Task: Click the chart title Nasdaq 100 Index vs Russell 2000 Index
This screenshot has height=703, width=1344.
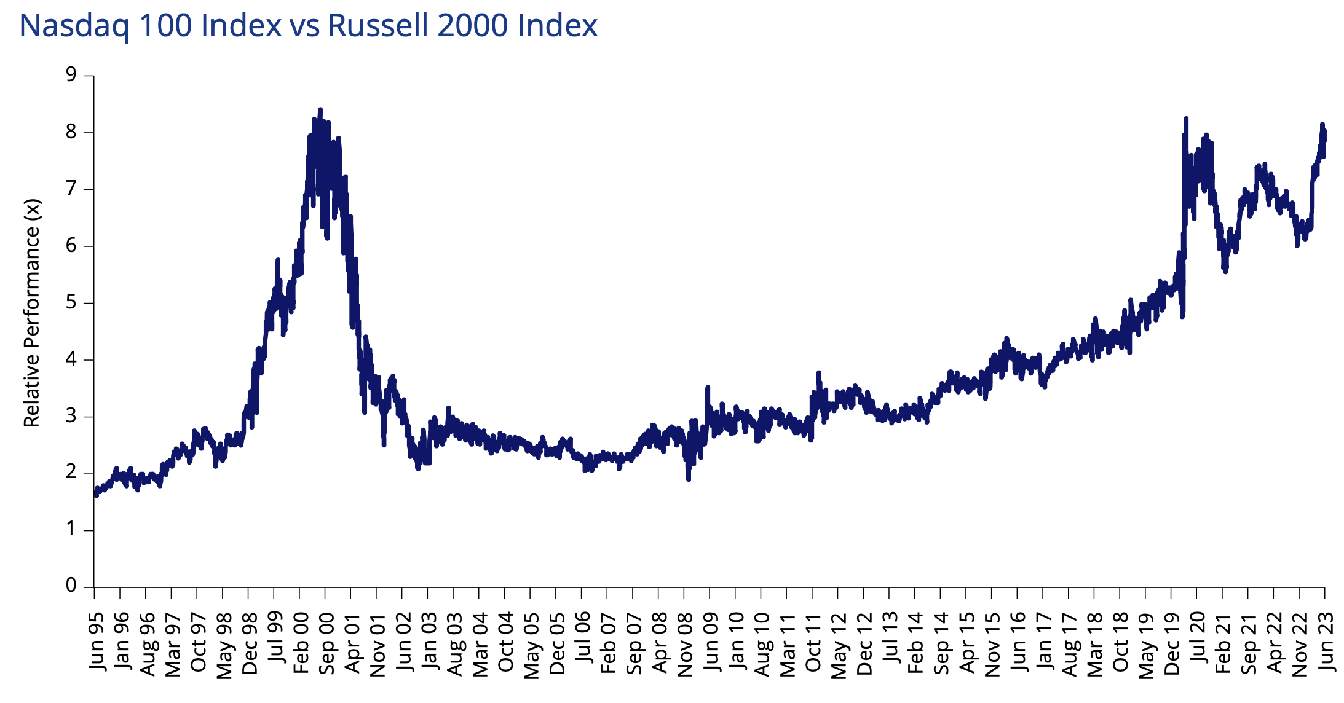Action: pos(308,26)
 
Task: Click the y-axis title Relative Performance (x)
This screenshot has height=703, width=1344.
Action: pos(31,313)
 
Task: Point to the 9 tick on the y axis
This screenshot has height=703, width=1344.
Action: pos(71,75)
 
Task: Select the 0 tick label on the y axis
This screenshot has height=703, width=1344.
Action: pos(71,586)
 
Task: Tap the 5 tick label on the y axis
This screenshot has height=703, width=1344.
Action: pos(71,302)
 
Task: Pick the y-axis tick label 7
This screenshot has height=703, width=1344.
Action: pos(71,189)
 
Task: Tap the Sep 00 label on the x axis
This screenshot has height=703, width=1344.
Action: pos(326,643)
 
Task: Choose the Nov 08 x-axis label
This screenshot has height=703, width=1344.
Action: pos(686,643)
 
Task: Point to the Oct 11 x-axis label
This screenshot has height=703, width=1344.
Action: pos(813,642)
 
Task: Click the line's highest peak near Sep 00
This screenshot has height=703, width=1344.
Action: pos(320,110)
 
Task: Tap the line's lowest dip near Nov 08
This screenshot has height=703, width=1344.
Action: pos(689,479)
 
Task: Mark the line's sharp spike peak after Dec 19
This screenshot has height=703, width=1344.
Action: pos(1185,119)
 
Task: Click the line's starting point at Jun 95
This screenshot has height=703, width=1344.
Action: pos(95,493)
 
